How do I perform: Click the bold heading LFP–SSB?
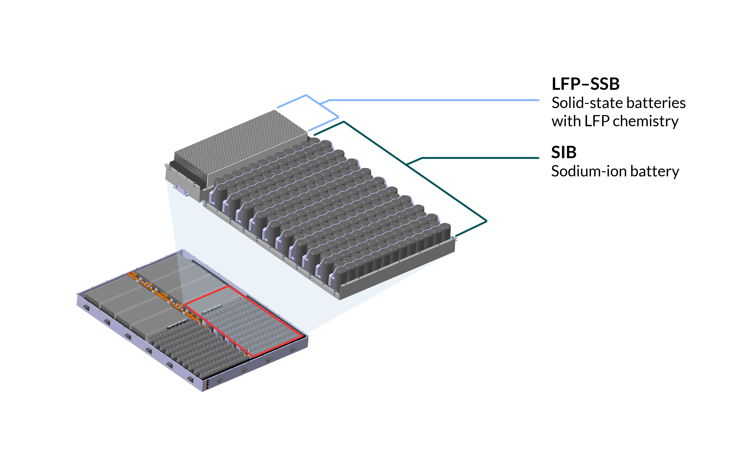pyautogui.click(x=585, y=84)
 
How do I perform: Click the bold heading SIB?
pyautogui.click(x=564, y=152)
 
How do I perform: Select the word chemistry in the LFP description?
pyautogui.click(x=645, y=121)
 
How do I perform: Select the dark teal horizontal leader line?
pyautogui.click(x=480, y=158)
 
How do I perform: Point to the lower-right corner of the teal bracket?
pyautogui.click(x=486, y=221)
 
